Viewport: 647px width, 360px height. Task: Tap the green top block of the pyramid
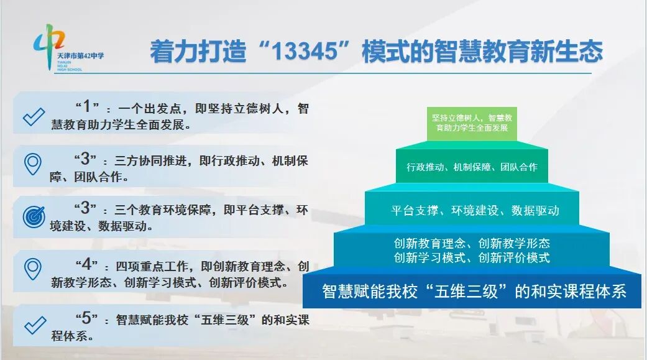tap(472, 122)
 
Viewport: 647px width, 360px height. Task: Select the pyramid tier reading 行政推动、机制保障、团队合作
tap(472, 167)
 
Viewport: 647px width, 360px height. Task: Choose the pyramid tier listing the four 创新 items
tap(472, 250)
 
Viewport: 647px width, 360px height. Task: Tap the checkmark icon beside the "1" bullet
tap(34, 117)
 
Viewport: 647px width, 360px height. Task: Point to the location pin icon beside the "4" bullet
tap(32, 269)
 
